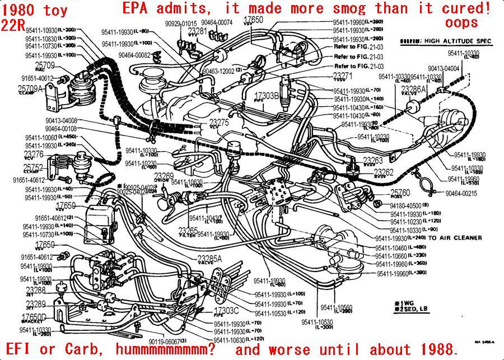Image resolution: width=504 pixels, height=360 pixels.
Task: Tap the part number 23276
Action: click(x=34, y=154)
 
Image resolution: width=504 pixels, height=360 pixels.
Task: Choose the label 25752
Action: click(x=33, y=167)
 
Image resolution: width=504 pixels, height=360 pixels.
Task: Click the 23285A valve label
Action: click(x=209, y=258)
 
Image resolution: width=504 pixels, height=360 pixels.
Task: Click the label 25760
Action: click(x=400, y=193)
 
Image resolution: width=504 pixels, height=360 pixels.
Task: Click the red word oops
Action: click(x=462, y=22)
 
